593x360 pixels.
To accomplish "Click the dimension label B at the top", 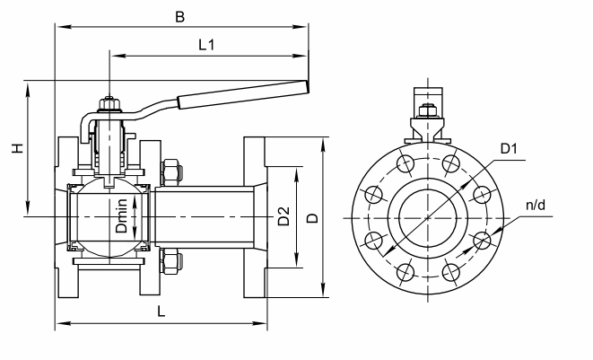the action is pos(180,17).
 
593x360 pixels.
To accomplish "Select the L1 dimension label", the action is pos(206,45).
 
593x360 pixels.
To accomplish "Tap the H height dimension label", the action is pos(17,148).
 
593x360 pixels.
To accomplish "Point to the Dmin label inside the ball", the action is pos(121,215).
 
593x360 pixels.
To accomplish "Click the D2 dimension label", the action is pos(283,216).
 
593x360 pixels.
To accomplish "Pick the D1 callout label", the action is pos(509,149).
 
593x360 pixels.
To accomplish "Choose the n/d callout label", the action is pos(536,206).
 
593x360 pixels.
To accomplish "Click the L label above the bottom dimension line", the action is pos(161,312).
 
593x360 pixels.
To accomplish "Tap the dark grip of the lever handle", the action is pos(243,94).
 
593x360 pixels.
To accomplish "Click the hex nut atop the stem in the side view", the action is pos(109,104).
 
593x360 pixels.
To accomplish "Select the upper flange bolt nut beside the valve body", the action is pos(171,173).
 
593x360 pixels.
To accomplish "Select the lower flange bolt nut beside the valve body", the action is pos(171,261).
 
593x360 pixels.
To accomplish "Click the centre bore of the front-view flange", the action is pos(428,218).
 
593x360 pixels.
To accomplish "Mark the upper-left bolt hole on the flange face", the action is pos(406,164).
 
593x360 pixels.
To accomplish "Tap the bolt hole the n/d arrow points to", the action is pos(482,241).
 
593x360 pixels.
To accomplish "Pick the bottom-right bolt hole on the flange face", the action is pos(450,272).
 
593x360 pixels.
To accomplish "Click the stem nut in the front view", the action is pos(428,110).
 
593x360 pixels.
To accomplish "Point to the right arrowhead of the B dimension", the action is pos(301,27).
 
